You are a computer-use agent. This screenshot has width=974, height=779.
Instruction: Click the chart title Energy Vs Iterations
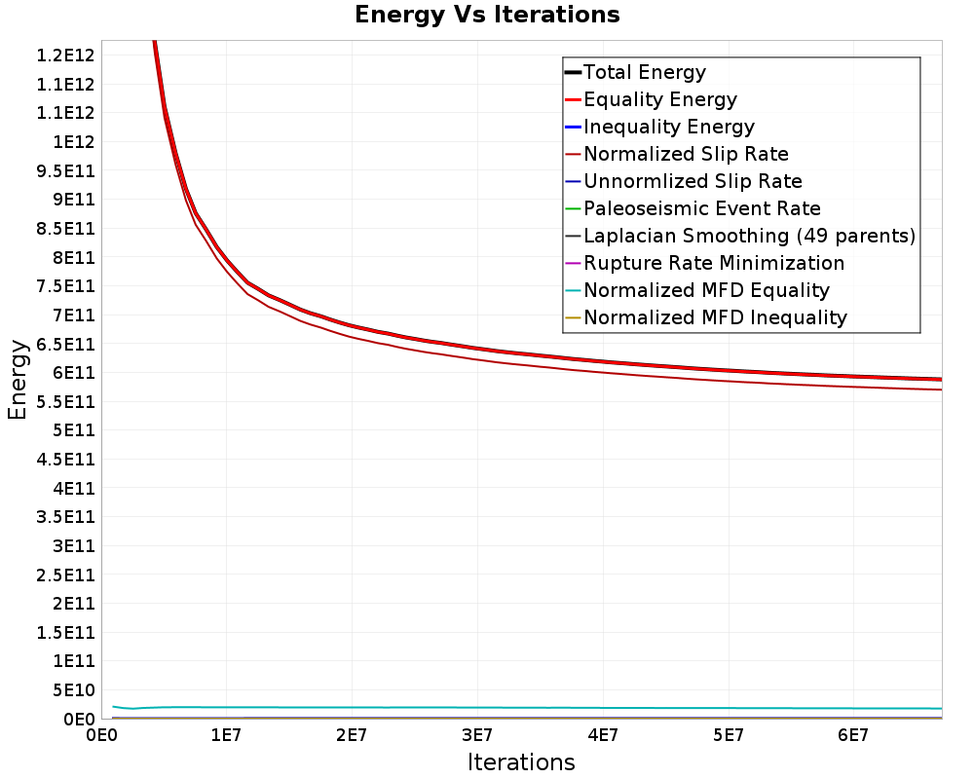pos(487,15)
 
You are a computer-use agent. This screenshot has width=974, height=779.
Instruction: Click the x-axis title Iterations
pos(521,761)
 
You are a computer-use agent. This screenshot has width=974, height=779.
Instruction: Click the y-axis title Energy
pos(18,380)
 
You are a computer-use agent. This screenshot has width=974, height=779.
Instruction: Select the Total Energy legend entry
pos(635,72)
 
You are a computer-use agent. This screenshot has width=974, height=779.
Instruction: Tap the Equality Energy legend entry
pos(651,99)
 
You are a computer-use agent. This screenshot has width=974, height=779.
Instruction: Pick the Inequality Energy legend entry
pos(659,127)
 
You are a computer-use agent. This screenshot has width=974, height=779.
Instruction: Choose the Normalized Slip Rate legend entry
pos(677,154)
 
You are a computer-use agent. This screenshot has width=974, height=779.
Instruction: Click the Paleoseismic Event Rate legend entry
pos(693,208)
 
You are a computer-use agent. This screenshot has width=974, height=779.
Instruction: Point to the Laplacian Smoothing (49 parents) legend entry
pos(740,236)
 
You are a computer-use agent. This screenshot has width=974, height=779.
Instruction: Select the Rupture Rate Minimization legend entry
pos(704,263)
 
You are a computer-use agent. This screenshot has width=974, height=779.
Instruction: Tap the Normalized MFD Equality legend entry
pos(697,291)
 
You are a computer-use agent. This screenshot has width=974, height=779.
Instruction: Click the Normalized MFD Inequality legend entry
pos(705,318)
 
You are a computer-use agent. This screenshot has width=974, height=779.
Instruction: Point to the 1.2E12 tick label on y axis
pos(66,56)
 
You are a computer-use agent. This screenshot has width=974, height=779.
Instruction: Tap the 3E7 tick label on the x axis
pos(477,736)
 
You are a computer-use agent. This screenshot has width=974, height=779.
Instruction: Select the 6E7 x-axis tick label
pos(853,736)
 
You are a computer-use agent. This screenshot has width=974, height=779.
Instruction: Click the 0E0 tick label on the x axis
pos(100,736)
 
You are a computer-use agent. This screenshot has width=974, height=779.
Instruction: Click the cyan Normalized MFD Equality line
pos(527,708)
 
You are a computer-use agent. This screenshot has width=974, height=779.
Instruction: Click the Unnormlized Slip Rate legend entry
pos(684,181)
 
